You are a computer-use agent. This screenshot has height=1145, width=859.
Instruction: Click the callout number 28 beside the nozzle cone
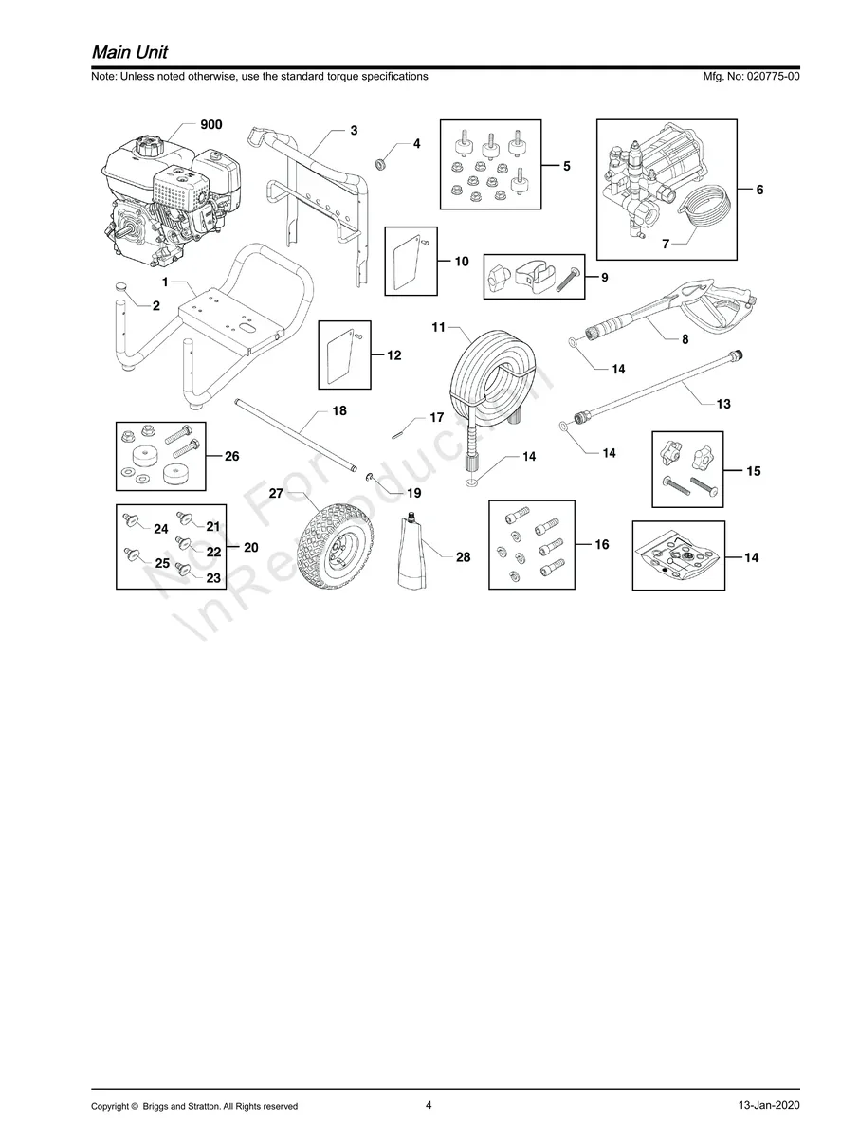tap(463, 557)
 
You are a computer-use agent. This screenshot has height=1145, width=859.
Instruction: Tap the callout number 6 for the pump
tap(759, 190)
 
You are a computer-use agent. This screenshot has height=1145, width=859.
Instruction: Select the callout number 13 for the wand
tap(723, 404)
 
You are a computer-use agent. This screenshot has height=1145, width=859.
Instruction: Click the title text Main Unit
tap(129, 51)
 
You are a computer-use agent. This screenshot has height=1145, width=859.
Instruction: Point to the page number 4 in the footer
tap(429, 1104)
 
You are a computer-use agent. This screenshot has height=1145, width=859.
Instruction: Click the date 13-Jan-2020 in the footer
tap(769, 1106)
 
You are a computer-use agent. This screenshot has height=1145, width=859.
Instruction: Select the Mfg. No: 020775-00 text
tap(748, 76)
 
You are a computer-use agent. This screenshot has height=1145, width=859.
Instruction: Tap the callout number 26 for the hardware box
tap(231, 456)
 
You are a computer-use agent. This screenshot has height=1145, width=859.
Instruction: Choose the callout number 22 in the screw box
tap(213, 551)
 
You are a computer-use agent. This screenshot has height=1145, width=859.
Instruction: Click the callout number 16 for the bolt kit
tap(602, 545)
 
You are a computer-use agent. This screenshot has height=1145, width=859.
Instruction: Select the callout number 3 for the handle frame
tap(354, 131)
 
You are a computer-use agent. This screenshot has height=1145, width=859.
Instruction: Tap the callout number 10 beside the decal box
tap(462, 261)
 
